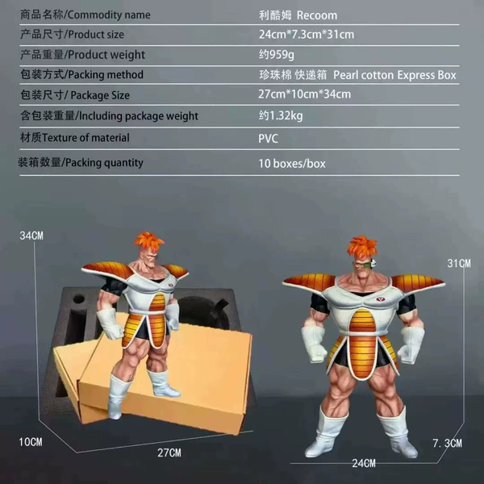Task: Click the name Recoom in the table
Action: pos(317,15)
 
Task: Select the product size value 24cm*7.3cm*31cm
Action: pos(307,34)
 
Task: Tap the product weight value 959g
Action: pos(276,55)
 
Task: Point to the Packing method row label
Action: pos(81,75)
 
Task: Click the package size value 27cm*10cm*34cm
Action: pos(304,94)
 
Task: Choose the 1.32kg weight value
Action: pos(281,115)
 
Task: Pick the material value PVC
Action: pos(268,138)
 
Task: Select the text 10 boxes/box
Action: pos(292,163)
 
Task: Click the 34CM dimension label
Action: pos(31,236)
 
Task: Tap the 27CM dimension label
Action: pos(169,453)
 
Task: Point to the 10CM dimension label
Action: pos(31,442)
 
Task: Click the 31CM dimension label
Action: pos(459,263)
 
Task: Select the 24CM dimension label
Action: pos(364,463)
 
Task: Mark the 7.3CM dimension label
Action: pos(447,443)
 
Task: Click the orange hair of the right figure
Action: pos(361,248)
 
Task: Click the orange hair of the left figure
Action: pos(148,241)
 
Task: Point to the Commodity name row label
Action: pos(86,15)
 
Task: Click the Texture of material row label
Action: pos(75,137)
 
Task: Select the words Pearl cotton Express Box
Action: pos(394,75)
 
